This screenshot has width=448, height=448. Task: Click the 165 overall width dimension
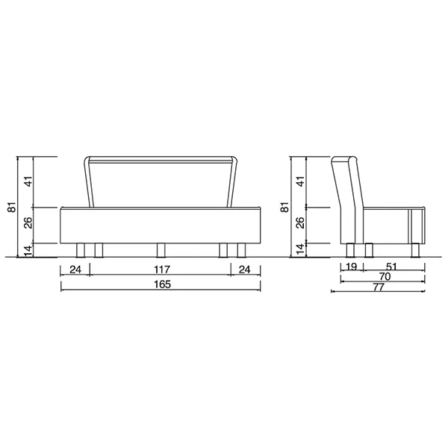[x=162, y=284]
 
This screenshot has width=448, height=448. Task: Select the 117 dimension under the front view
[x=162, y=270]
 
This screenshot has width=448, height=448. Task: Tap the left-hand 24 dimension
[x=75, y=270]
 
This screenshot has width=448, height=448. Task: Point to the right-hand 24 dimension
[x=245, y=270]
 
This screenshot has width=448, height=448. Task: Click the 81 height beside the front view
[x=12, y=207]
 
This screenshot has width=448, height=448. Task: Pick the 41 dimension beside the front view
[x=28, y=181]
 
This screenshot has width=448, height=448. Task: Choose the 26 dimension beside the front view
[x=28, y=223]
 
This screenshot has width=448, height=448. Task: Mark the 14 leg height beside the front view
[x=28, y=251]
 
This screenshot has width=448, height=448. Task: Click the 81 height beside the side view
[x=285, y=207]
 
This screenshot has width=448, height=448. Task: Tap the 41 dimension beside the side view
[x=302, y=181]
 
